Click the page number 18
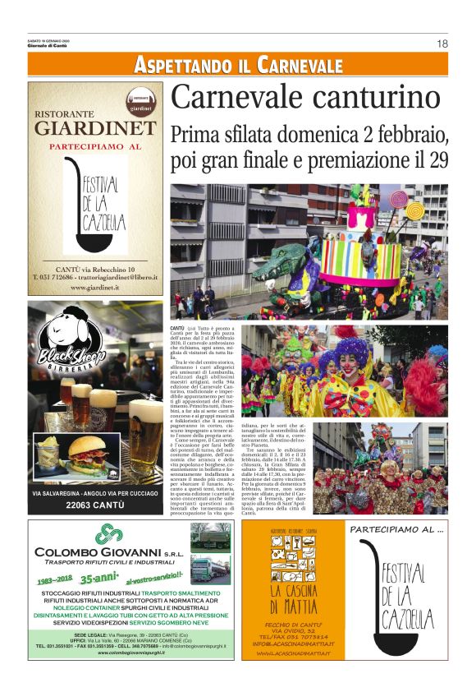442,44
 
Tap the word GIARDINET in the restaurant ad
94,128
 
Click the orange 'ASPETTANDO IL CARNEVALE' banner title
238,65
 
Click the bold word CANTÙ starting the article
180,328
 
